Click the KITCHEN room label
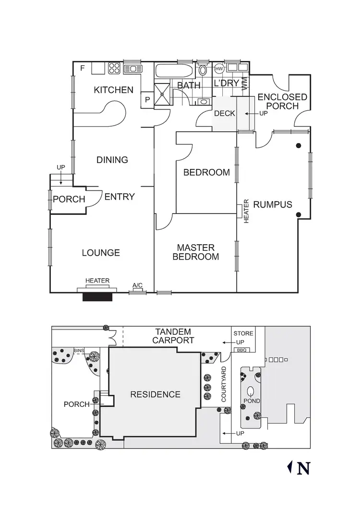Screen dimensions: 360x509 click(x=113, y=90)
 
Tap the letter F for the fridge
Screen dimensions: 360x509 click(x=83, y=68)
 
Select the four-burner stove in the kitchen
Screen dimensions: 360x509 click(x=114, y=68)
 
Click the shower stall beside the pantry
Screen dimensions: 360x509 click(x=162, y=95)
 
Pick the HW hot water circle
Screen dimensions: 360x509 click(x=219, y=69)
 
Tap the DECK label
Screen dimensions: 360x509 click(x=224, y=114)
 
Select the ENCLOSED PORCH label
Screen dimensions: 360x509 click(x=282, y=101)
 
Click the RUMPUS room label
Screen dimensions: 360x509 click(x=273, y=204)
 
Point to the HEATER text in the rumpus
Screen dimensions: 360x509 click(x=247, y=211)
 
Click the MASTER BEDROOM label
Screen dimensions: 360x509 click(x=195, y=252)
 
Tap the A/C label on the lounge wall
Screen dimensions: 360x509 click(x=137, y=286)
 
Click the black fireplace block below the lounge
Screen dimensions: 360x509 click(x=97, y=297)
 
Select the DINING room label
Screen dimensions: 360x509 click(x=112, y=160)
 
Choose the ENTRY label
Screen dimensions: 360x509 click(x=120, y=196)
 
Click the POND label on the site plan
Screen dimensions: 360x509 click(x=251, y=401)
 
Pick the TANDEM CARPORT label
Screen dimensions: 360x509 click(x=173, y=336)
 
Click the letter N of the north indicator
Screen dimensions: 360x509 click(x=302, y=468)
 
